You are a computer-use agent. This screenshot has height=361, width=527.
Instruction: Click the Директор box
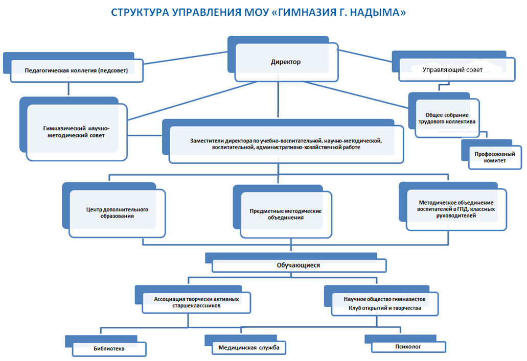(283, 59)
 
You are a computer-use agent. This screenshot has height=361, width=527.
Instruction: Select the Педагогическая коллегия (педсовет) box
(73, 67)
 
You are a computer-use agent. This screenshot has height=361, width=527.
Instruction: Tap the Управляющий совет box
(453, 66)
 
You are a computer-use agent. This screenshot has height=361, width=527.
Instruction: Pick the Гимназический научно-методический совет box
(74, 129)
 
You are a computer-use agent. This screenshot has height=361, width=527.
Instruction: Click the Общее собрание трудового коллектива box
(444, 115)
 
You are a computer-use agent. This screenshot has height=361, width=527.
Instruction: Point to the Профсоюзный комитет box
(491, 155)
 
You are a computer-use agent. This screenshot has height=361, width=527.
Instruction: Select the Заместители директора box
(283, 141)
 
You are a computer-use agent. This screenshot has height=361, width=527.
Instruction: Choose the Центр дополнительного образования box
(114, 210)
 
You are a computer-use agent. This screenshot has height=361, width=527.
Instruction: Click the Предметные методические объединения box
(283, 211)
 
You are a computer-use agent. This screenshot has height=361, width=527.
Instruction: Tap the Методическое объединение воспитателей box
(453, 206)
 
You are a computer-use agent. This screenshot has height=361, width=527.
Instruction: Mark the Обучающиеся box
(296, 262)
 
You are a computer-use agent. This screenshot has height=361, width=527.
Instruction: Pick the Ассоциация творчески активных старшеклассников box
(193, 300)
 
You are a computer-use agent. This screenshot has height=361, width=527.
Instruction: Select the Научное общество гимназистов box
(381, 301)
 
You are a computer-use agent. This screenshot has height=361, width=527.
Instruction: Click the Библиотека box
(105, 346)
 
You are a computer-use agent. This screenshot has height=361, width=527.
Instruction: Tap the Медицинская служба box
(245, 345)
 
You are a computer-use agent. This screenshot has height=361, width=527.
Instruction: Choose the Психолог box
(405, 344)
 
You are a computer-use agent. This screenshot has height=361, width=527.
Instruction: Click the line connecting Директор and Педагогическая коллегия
(186, 58)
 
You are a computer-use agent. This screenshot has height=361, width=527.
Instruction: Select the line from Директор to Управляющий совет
(365, 56)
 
